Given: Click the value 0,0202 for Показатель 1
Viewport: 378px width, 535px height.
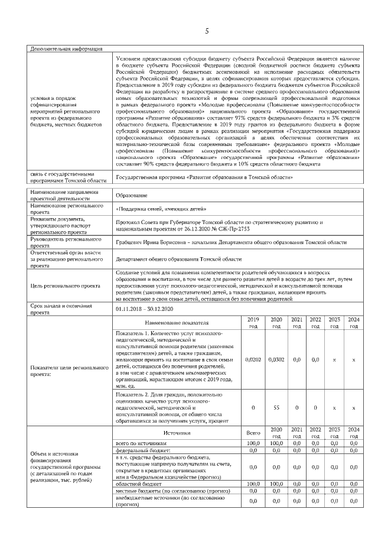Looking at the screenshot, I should tap(253, 359).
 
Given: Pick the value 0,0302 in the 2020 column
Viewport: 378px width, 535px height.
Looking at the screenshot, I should tap(276, 359).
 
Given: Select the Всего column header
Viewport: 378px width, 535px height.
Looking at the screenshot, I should tap(253, 433).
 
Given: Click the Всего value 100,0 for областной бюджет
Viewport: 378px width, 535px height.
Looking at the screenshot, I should tap(253, 483).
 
